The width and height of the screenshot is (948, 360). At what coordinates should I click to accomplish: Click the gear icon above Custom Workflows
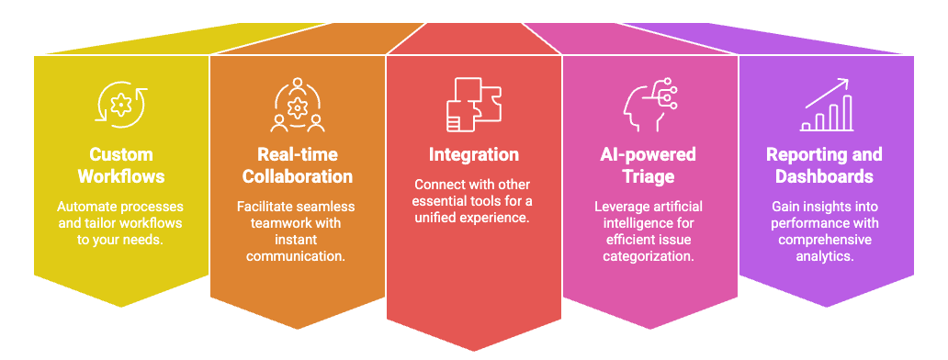click(x=120, y=103)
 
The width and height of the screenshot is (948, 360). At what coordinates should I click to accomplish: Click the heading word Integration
click(x=473, y=154)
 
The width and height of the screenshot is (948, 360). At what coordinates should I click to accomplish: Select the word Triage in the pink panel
click(x=649, y=176)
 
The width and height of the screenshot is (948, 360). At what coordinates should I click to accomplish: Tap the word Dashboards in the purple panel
click(x=824, y=176)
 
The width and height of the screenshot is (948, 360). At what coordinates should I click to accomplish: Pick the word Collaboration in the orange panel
click(x=298, y=176)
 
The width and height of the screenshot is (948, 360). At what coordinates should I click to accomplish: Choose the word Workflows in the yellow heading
click(x=121, y=176)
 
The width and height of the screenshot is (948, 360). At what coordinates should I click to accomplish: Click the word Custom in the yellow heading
click(x=121, y=154)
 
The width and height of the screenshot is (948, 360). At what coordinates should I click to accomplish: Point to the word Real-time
click(x=298, y=154)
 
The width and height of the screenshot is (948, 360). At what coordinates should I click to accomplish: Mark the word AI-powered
click(x=649, y=154)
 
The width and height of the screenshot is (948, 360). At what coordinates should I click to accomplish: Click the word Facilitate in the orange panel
click(x=259, y=207)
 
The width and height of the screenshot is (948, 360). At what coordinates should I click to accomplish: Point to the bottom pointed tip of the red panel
click(x=473, y=350)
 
